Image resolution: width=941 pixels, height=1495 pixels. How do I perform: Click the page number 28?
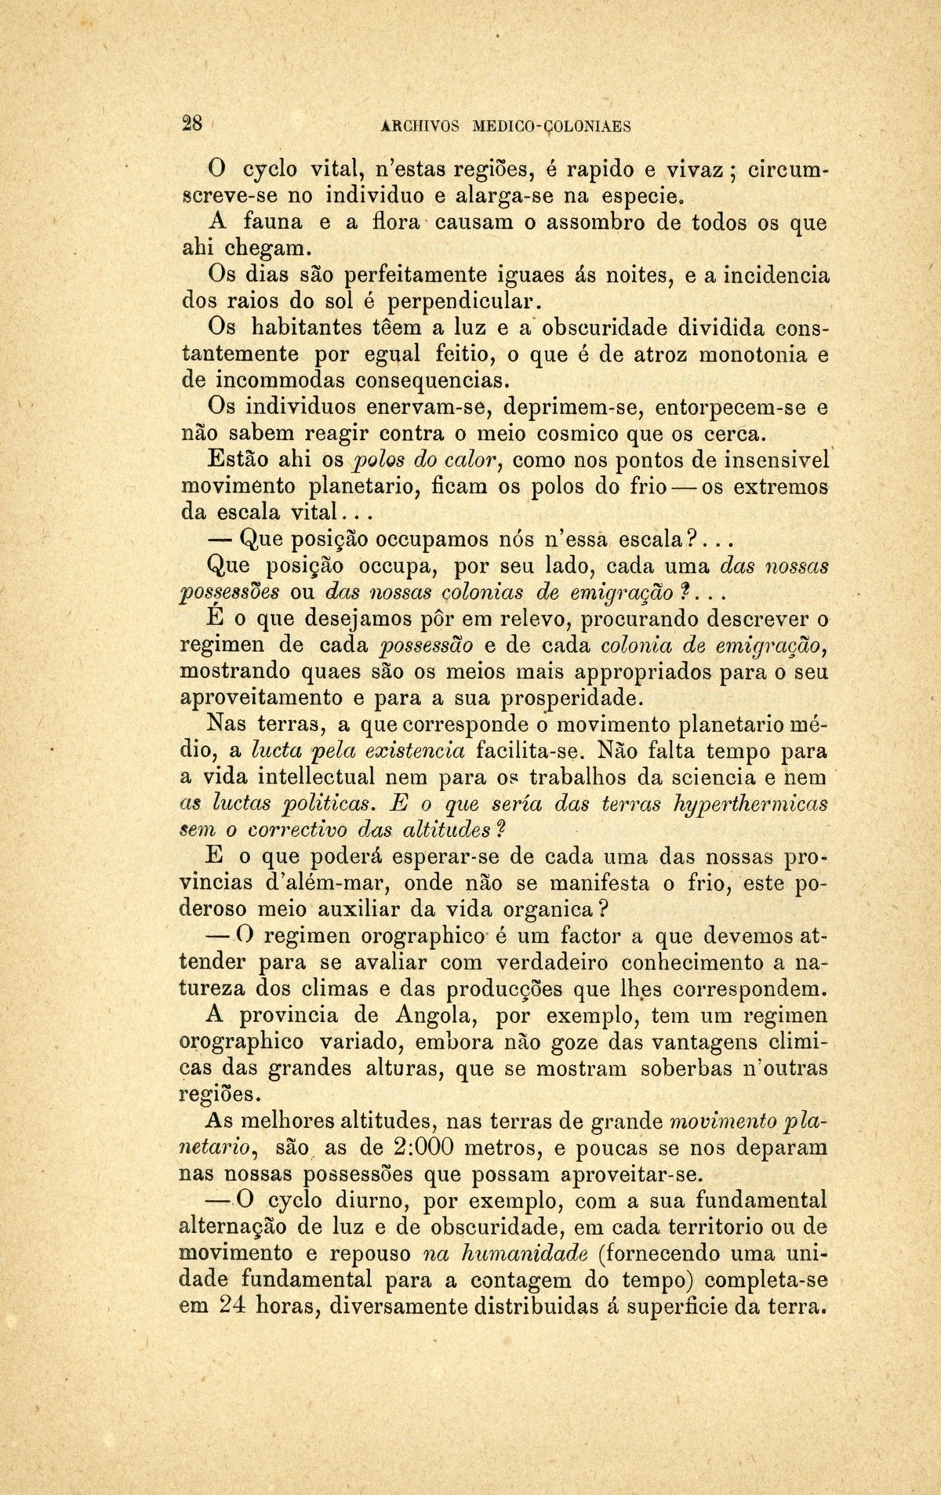[192, 124]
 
